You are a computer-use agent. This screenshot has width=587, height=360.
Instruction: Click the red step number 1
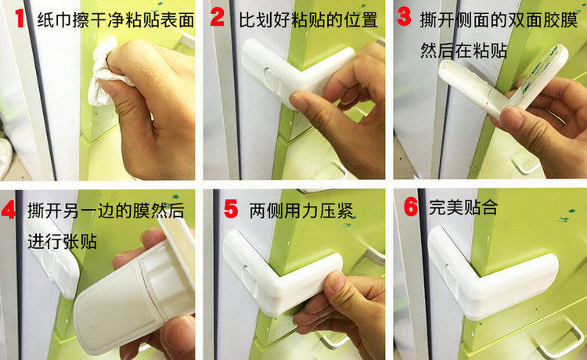20,18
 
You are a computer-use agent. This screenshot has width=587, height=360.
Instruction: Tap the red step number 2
217,17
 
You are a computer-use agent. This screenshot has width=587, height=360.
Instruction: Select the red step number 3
404,17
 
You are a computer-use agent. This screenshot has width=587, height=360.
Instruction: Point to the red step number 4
9,210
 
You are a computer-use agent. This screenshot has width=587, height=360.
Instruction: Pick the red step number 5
231,209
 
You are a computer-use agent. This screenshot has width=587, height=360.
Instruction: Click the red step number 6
411,206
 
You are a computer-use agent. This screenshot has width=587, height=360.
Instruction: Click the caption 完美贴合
463,207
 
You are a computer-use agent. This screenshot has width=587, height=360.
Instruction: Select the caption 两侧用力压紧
301,211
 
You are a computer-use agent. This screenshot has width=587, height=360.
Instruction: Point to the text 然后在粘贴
463,50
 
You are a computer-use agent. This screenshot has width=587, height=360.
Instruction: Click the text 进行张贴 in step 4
62,241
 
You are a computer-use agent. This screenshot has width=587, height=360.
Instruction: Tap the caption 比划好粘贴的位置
308,20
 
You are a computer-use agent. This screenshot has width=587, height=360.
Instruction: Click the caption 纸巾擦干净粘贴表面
116,20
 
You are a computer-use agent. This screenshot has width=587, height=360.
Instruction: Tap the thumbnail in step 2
302,101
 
